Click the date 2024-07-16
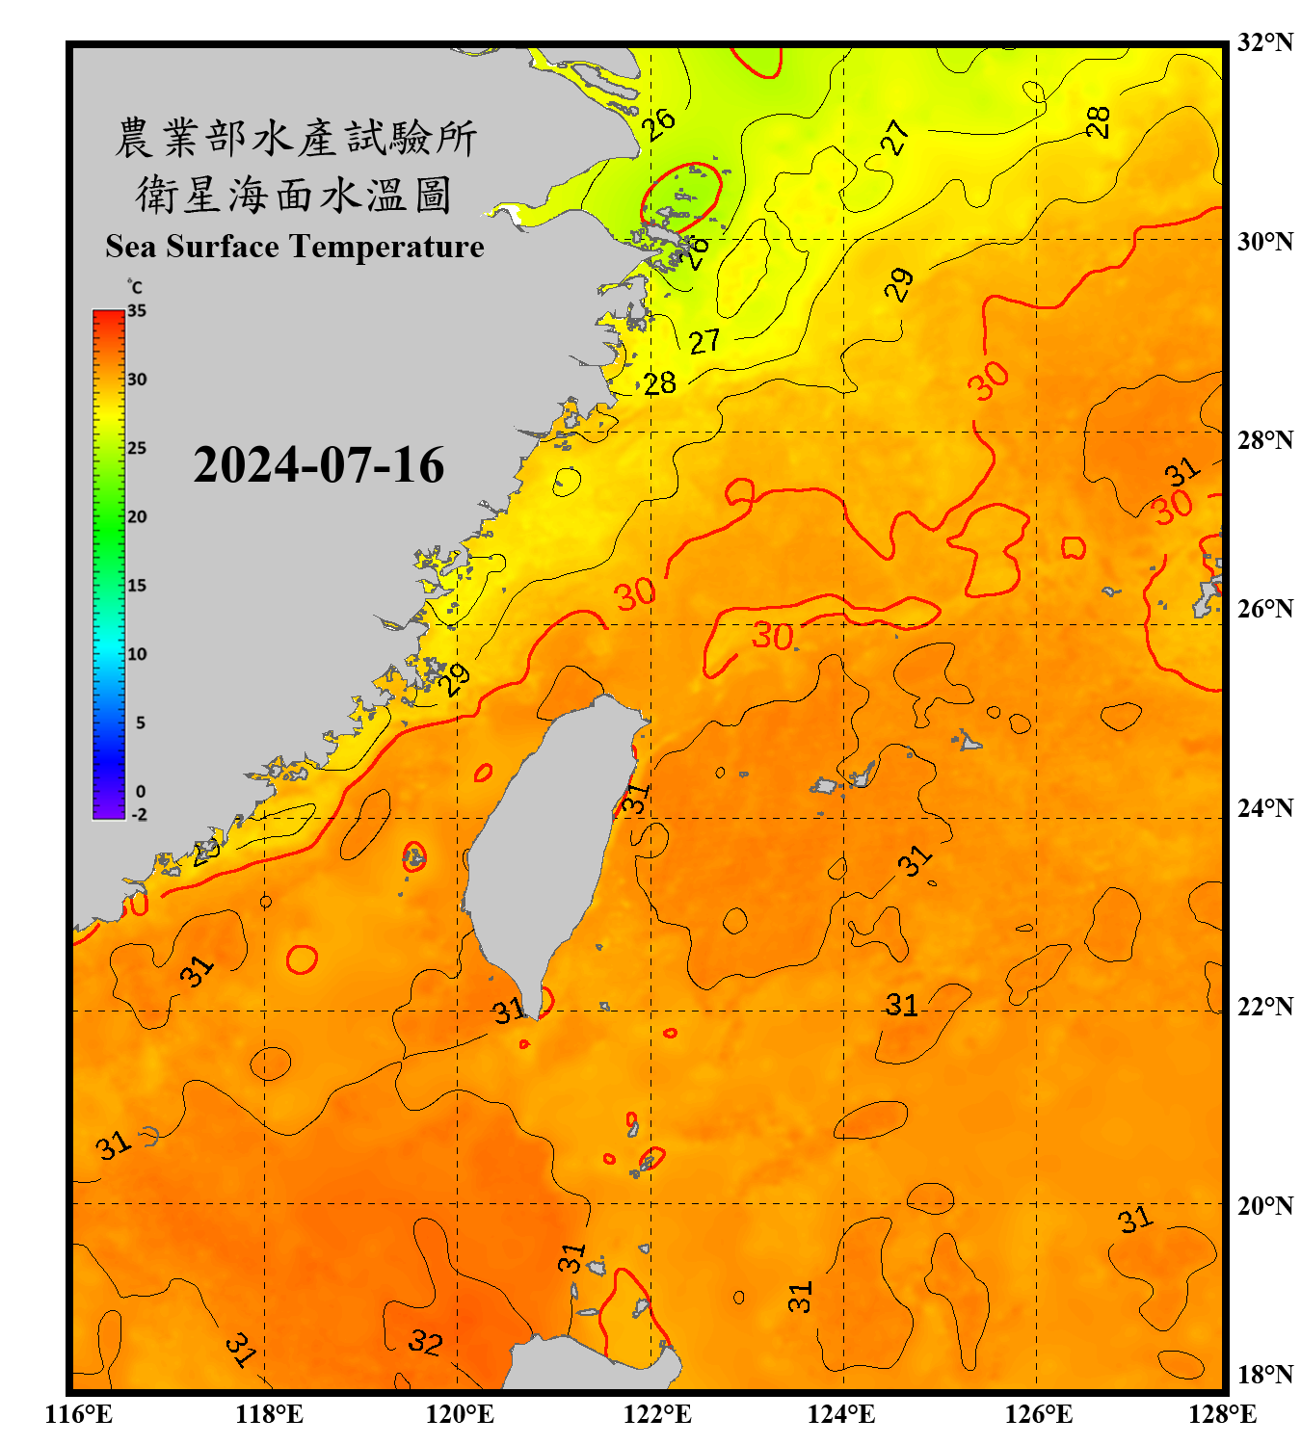point(318,465)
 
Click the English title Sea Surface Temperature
point(295,247)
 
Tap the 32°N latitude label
point(1264,42)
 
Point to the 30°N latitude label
point(1264,241)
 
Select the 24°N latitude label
point(1264,807)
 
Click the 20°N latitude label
point(1264,1205)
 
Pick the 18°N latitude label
point(1264,1374)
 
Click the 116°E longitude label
point(79,1414)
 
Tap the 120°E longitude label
point(460,1414)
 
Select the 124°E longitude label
point(841,1414)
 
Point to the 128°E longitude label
point(1222,1414)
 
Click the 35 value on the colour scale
point(137,310)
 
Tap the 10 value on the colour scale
point(137,654)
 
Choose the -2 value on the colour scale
point(139,814)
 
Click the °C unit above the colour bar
point(135,287)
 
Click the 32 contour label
point(425,1341)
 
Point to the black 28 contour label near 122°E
point(660,383)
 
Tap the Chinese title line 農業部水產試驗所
point(295,138)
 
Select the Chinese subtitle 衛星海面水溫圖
point(294,195)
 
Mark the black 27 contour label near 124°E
point(895,138)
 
